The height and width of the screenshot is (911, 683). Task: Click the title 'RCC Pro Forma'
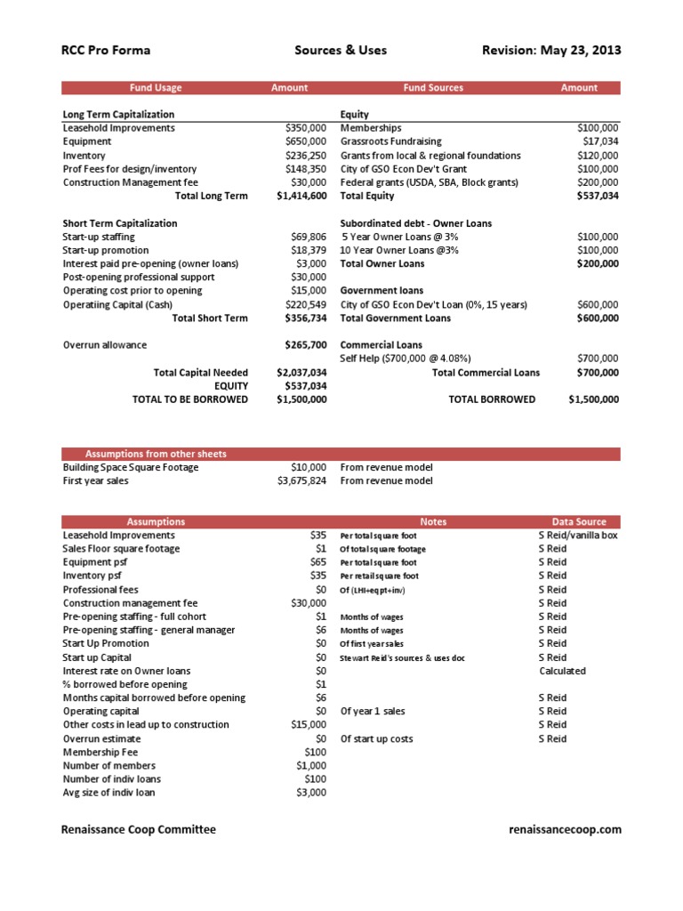pos(104,50)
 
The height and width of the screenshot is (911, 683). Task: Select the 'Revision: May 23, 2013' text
pos(550,50)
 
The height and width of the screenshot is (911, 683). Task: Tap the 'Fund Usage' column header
pos(156,88)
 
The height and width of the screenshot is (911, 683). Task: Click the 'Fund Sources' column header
pos(433,88)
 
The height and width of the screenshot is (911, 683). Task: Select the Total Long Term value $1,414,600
pos(301,196)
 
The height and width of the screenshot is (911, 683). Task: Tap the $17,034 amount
pos(600,141)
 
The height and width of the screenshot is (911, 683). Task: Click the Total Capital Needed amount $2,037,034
pos(301,372)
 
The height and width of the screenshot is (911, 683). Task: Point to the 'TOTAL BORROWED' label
pos(492,399)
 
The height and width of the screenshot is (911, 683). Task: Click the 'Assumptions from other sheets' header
pos(156,454)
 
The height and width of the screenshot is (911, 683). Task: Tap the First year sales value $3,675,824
pos(301,480)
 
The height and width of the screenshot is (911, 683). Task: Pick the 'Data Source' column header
pos(579,522)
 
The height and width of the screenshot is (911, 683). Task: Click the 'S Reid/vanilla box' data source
pos(578,536)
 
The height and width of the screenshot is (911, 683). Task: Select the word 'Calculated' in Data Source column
pos(562,671)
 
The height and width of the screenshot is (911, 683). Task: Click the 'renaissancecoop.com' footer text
pos(565,829)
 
